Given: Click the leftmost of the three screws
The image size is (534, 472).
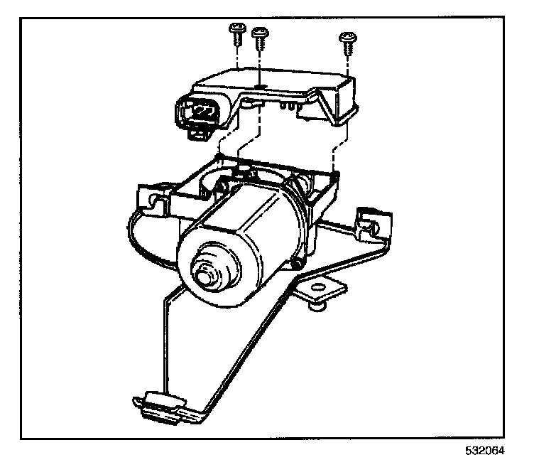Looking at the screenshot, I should [x=236, y=31].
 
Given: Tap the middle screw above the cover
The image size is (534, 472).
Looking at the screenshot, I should [x=261, y=36].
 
